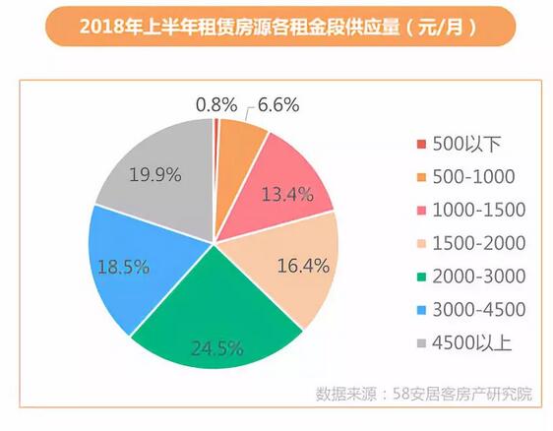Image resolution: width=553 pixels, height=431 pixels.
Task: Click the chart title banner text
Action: click(x=277, y=27)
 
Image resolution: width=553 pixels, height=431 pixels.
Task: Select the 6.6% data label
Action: click(x=278, y=101)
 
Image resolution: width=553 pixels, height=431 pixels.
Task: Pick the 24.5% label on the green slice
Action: click(x=215, y=345)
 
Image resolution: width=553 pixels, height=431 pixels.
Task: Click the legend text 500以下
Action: click(x=461, y=144)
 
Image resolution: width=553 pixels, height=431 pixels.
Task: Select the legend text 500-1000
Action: click(x=471, y=177)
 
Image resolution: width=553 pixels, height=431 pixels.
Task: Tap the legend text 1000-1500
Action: click(x=476, y=211)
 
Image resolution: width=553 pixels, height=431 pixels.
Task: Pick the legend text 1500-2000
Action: click(x=476, y=243)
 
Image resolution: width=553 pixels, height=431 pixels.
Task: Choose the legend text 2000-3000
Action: click(x=476, y=277)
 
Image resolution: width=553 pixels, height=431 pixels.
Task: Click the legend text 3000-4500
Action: click(x=476, y=310)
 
